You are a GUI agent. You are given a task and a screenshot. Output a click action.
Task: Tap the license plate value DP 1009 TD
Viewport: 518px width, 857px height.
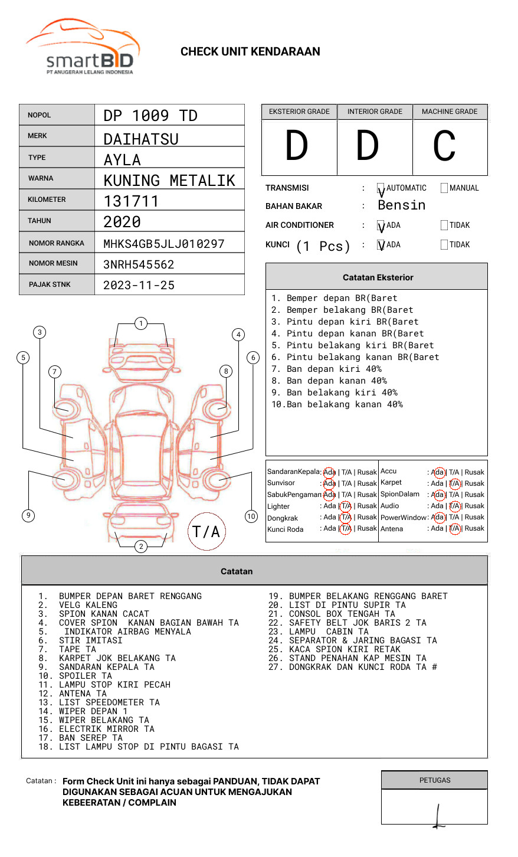[150, 116]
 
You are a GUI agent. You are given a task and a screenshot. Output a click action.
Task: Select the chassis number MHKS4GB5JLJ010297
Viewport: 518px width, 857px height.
[164, 244]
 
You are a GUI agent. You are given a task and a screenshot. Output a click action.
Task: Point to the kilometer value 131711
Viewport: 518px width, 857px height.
[131, 201]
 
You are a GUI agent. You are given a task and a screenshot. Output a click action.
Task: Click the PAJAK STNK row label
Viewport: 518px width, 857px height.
[50, 284]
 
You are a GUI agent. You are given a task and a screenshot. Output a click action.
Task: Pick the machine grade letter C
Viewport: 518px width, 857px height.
[444, 146]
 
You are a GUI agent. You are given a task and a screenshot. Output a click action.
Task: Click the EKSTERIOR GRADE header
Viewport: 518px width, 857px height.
[299, 112]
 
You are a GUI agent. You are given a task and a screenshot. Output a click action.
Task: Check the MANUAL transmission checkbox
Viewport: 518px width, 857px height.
[444, 188]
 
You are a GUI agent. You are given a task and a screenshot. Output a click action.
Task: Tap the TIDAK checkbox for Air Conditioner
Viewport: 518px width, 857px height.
[444, 225]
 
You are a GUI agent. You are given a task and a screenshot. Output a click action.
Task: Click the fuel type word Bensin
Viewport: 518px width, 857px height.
[402, 205]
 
